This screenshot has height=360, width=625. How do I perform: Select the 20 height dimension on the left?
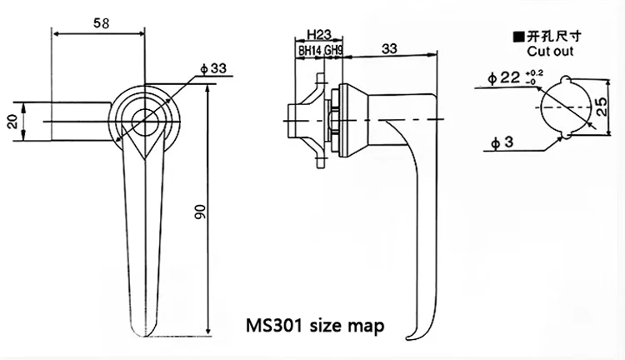12,122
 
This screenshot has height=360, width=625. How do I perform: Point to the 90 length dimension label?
199,212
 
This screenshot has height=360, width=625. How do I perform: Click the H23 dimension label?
318,35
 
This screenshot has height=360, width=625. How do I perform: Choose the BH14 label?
309,51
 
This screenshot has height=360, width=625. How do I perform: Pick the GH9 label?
333,51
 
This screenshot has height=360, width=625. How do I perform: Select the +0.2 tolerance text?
533,73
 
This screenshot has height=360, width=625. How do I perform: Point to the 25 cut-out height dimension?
600,106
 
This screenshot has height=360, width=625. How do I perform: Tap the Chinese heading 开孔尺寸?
550,37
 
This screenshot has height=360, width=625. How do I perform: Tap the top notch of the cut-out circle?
560,81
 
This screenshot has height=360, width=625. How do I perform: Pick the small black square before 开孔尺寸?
517,37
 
